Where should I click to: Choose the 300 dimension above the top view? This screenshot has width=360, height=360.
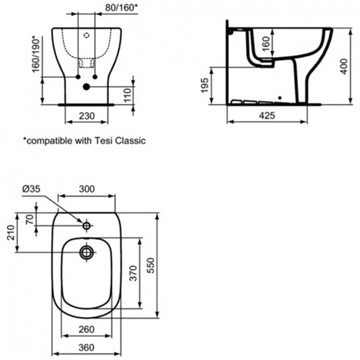pyautogui.click(x=86, y=189)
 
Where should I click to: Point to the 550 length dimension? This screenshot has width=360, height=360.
pyautogui.click(x=150, y=265)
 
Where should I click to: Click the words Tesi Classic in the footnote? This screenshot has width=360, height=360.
pyautogui.click(x=117, y=141)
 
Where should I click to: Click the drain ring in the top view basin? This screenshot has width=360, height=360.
pyautogui.click(x=86, y=252)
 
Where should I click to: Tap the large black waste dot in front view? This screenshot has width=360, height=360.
pyautogui.click(x=86, y=86)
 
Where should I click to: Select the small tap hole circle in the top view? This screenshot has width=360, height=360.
pyautogui.click(x=86, y=225)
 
